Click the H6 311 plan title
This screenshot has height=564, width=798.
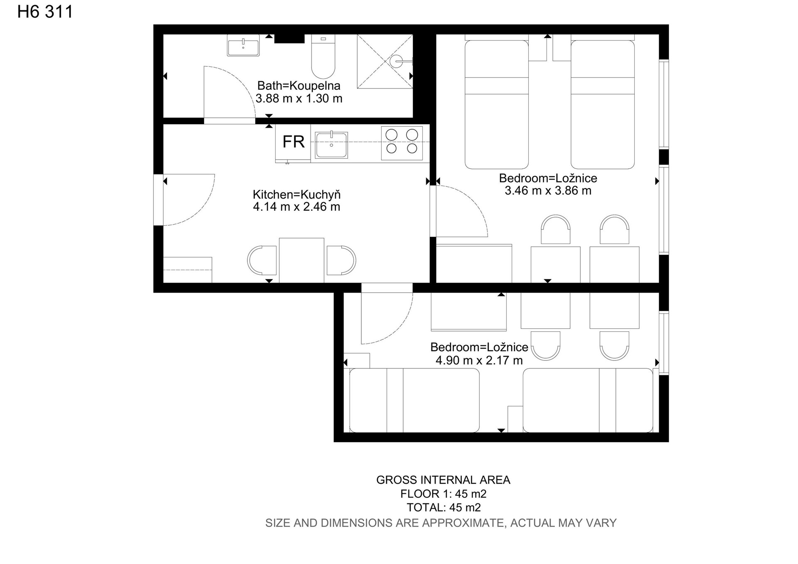(45, 12)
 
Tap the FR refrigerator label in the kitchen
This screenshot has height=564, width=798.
(293, 142)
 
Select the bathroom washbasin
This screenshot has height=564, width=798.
(243, 45)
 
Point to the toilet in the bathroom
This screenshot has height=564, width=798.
(323, 57)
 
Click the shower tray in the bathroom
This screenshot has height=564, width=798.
(385, 62)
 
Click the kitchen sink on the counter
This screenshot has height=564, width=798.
(331, 145)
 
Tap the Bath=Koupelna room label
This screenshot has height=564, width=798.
(299, 86)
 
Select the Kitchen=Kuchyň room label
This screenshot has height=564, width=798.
(297, 195)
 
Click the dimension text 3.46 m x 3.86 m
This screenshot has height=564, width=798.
(548, 191)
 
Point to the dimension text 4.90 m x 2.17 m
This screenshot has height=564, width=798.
(479, 360)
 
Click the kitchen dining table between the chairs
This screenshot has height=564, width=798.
(301, 260)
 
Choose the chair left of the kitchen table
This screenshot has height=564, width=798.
(262, 260)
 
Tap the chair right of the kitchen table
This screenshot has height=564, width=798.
(341, 260)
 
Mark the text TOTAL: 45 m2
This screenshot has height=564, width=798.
(443, 507)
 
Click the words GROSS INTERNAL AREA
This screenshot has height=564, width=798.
(443, 480)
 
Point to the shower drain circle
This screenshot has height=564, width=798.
(396, 62)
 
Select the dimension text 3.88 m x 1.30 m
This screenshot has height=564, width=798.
(299, 99)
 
